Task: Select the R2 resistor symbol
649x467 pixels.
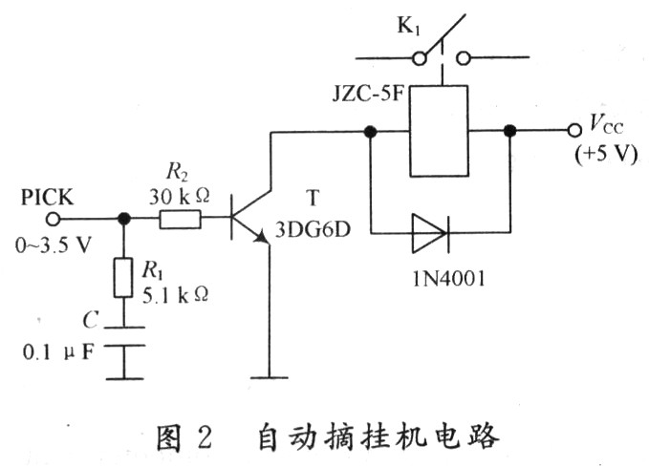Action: pos(179,220)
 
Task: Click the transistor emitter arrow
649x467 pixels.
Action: pos(259,243)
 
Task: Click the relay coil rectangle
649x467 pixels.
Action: pos(439,131)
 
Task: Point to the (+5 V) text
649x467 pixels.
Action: pos(603,154)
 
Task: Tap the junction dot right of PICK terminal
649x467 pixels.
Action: pos(123,219)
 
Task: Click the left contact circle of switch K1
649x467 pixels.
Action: pos(419,58)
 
